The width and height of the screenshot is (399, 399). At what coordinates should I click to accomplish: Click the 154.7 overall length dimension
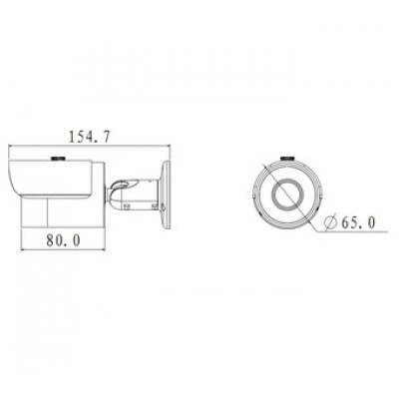pyautogui.click(x=89, y=137)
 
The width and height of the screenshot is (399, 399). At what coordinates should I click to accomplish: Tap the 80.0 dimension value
pyautogui.click(x=64, y=240)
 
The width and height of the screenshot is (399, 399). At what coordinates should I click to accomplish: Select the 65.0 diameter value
pyautogui.click(x=358, y=222)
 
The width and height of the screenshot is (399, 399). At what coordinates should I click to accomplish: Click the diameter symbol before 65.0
pyautogui.click(x=331, y=222)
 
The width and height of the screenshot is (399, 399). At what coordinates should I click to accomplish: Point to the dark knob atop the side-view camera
pyautogui.click(x=58, y=158)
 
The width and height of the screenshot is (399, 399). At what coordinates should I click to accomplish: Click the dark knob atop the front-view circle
pyautogui.click(x=287, y=158)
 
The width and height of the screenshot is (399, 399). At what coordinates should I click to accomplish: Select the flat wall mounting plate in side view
pyautogui.click(x=166, y=195)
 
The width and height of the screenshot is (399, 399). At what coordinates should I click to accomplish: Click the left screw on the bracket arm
pyautogui.click(x=127, y=206)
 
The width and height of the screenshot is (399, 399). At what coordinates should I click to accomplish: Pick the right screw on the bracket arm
pyautogui.click(x=155, y=206)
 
